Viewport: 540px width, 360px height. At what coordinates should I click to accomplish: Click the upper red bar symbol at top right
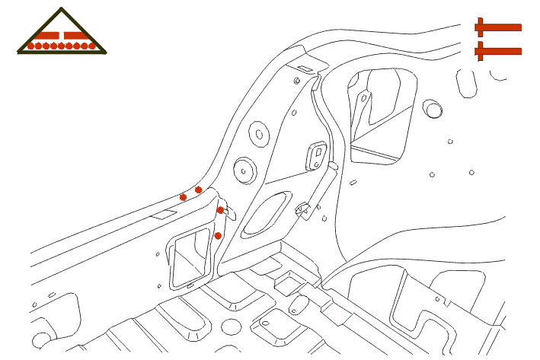click(498, 27)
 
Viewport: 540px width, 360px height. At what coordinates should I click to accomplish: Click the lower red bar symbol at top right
click(498, 52)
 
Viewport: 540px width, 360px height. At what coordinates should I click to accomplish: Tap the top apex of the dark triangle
click(62, 10)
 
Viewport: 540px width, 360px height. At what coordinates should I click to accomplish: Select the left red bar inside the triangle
click(47, 35)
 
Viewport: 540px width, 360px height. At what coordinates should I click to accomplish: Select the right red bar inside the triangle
click(77, 35)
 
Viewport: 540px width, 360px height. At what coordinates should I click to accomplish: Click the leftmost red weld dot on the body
click(183, 197)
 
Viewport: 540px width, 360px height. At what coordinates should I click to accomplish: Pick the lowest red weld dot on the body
click(218, 236)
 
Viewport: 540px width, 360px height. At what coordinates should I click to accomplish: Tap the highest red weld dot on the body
click(199, 190)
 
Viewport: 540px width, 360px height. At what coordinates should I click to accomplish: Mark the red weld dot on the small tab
click(220, 210)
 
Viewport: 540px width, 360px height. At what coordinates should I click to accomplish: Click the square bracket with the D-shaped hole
click(315, 155)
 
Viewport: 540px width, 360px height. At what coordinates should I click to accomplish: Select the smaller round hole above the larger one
click(259, 134)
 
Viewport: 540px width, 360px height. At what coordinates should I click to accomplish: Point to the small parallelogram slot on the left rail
click(161, 215)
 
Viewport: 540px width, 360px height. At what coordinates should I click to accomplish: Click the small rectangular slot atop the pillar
click(303, 69)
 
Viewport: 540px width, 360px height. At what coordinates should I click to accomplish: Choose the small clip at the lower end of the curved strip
click(302, 207)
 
